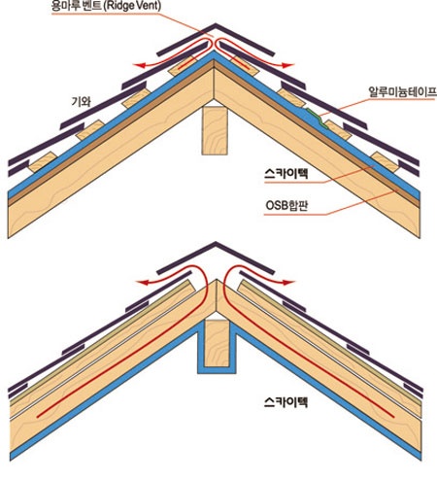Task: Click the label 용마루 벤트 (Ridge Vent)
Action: click(x=106, y=7)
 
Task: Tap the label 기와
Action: click(x=81, y=102)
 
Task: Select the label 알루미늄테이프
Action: click(x=402, y=92)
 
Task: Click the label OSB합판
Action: click(x=286, y=206)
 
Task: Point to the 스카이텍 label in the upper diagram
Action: click(x=286, y=174)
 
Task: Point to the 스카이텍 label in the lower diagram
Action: click(x=286, y=402)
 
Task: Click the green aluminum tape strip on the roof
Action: click(x=316, y=118)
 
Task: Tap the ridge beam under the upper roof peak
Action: click(x=215, y=130)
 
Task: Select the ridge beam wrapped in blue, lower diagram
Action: click(x=217, y=343)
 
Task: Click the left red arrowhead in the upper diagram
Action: click(x=139, y=66)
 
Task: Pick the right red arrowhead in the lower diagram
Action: click(x=289, y=283)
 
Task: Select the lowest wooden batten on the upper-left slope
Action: click(x=43, y=161)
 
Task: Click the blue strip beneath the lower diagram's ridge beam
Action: click(x=217, y=370)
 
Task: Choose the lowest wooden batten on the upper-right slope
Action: click(x=386, y=161)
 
